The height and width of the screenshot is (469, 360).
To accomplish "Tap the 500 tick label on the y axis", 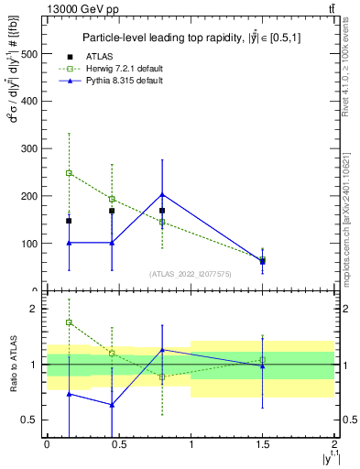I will (x=29, y=53).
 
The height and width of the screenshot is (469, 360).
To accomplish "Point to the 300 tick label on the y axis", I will (x=29, y=148).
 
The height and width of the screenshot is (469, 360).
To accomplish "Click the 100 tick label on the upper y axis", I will (x=29, y=244).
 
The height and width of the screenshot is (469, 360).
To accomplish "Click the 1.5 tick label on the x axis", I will (x=262, y=442).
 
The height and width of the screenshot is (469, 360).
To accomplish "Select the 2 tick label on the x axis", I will (x=334, y=442).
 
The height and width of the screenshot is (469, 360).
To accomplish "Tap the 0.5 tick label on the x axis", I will (x=118, y=442).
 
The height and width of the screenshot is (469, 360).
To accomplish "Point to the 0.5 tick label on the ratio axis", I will (x=30, y=420).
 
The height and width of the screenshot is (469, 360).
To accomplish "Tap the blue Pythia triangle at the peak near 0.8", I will (x=162, y=194).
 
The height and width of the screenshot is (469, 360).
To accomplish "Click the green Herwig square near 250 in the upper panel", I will (x=69, y=172).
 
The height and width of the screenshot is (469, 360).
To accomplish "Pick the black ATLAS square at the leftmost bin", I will (x=69, y=221).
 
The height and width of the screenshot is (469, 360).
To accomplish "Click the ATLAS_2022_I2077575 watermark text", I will (x=190, y=273).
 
